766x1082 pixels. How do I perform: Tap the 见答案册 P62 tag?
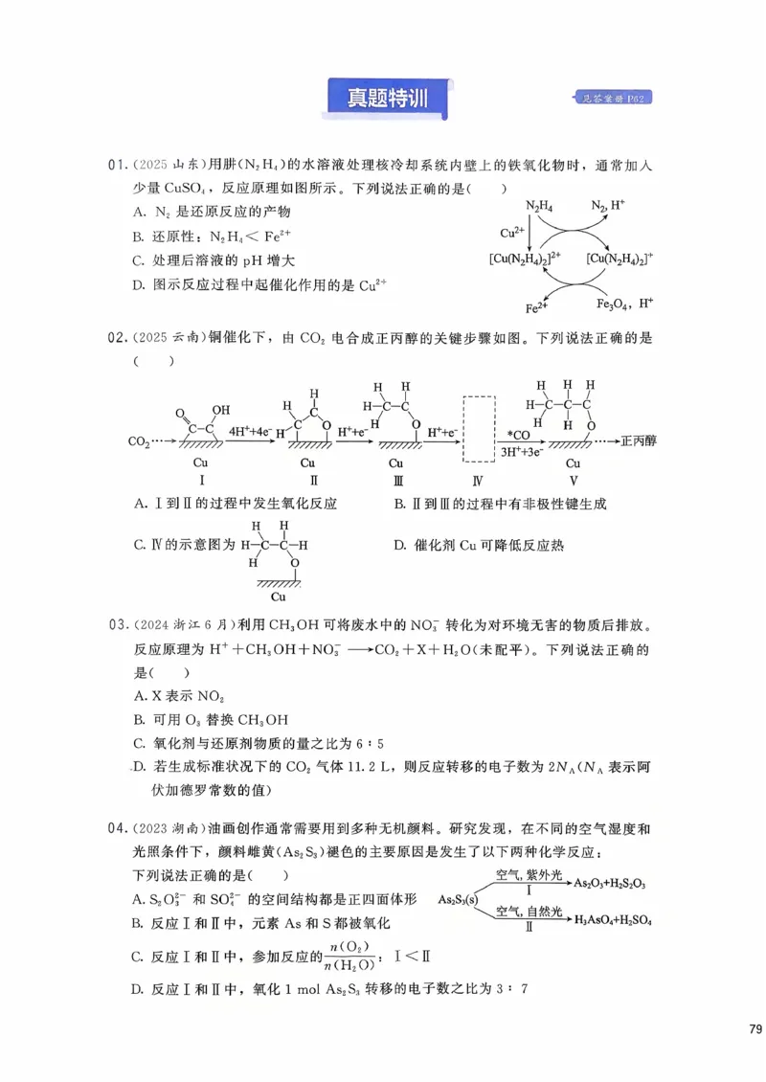(617, 98)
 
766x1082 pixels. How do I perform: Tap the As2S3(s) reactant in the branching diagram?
(459, 900)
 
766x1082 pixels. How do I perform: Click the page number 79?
(755, 1028)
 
